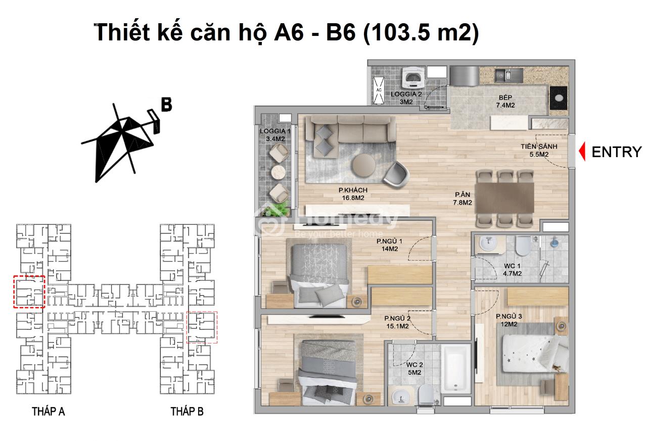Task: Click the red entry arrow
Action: pos(583,151)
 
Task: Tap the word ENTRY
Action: pos(617,152)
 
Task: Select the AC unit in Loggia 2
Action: pos(379,90)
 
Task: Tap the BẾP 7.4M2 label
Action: pos(505,102)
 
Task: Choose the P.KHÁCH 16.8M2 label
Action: pos(353,194)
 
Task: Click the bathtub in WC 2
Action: pos(456,369)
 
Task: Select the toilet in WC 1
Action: pos(523,246)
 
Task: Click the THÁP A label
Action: pos(48,412)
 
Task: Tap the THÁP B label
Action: pos(187,412)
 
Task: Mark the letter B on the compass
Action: pos(166,105)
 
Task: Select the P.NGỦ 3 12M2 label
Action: pos(509,320)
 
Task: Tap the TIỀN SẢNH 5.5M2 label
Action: pos(539,151)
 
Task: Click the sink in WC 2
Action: pos(401,397)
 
